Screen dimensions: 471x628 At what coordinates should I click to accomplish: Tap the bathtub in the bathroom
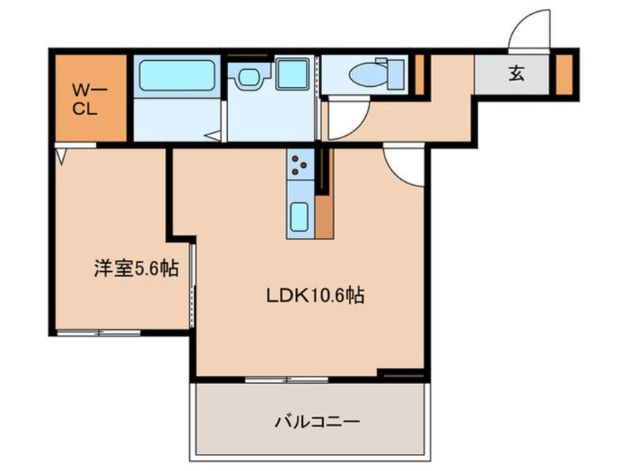(177, 75)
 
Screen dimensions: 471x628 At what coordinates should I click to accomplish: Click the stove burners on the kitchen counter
(300, 164)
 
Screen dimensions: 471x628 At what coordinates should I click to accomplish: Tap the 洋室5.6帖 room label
(136, 268)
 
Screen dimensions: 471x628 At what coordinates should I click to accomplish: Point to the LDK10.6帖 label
(315, 296)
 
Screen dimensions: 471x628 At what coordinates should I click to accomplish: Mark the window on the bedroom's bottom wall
(99, 331)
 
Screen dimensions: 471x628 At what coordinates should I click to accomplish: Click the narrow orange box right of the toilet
(419, 74)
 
